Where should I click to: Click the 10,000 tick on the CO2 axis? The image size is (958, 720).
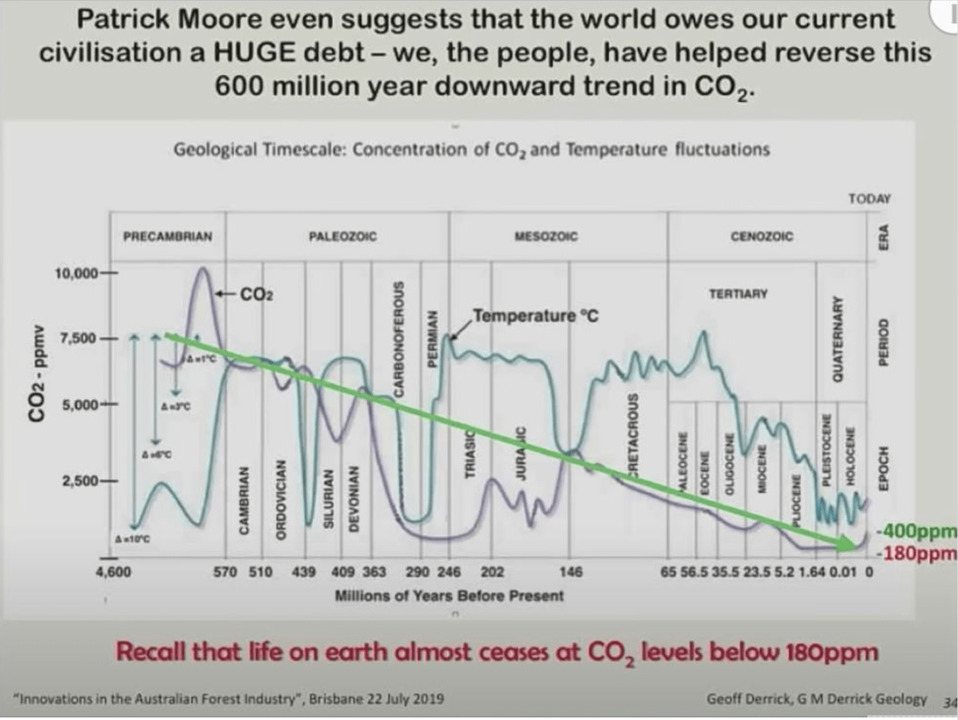coord(77,274)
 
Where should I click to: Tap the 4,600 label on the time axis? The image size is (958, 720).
coord(113,572)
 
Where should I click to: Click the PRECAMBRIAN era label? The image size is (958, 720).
coord(167,237)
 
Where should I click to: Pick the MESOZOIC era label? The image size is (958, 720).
coord(547,237)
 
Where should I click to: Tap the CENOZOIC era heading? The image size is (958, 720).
coord(762,237)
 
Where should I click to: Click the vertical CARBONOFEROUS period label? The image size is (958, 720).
coord(399,337)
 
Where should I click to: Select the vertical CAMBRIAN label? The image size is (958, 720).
coord(243,498)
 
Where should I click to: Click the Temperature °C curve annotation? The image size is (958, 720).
coord(536,316)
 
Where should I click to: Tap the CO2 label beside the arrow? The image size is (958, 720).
coord(257,294)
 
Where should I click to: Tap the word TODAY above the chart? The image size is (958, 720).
coord(869,199)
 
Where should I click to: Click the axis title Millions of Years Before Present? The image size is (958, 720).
coord(449,596)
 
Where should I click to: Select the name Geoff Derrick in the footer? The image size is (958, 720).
coord(743,699)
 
